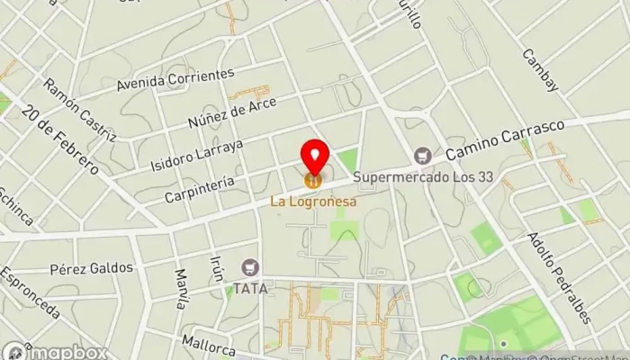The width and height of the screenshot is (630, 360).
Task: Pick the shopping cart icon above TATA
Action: (x=249, y=267)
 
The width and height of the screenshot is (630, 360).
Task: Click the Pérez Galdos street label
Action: (x=92, y=268)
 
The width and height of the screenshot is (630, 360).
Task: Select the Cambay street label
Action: (x=540, y=69)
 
